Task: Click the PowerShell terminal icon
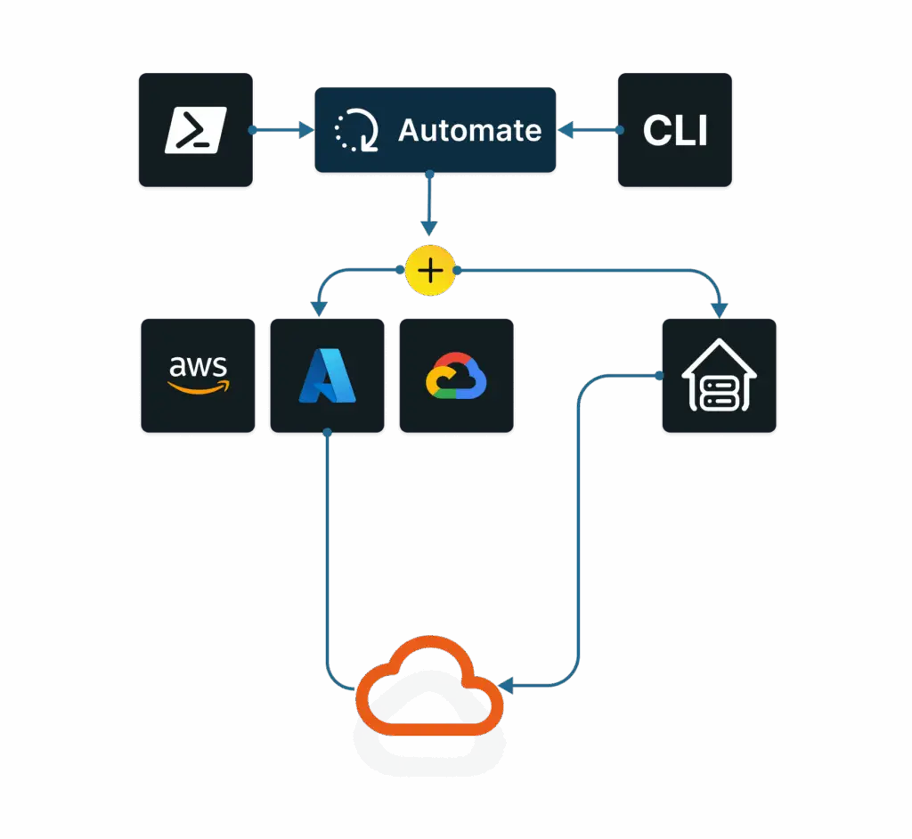pyautogui.click(x=196, y=130)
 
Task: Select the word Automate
pyautogui.click(x=469, y=130)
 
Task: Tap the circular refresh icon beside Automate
pyautogui.click(x=356, y=131)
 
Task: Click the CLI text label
pyautogui.click(x=675, y=131)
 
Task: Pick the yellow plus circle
pyautogui.click(x=430, y=270)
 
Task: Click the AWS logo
pyautogui.click(x=199, y=375)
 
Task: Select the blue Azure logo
pyautogui.click(x=327, y=376)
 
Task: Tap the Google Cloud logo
pyautogui.click(x=456, y=376)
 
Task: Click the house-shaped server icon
pyautogui.click(x=719, y=375)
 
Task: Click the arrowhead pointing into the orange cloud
pyautogui.click(x=506, y=686)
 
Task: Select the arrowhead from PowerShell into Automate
pyautogui.click(x=307, y=131)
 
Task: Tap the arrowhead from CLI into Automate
pyautogui.click(x=565, y=131)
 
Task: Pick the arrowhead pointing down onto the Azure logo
pyautogui.click(x=319, y=309)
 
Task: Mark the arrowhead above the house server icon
pyautogui.click(x=720, y=310)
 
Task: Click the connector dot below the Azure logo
pyautogui.click(x=327, y=432)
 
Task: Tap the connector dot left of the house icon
pyautogui.click(x=659, y=375)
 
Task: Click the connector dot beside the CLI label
pyautogui.click(x=620, y=131)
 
